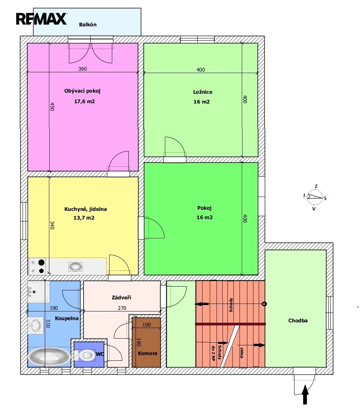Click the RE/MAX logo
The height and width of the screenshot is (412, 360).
[x=41, y=19]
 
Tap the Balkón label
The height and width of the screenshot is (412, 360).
[x=88, y=24]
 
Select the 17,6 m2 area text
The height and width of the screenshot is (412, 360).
[x=84, y=101]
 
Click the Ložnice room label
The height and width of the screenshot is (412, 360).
[x=203, y=92]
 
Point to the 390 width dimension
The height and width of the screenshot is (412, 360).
[x=82, y=69]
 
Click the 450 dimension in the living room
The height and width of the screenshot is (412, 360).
[x=52, y=107]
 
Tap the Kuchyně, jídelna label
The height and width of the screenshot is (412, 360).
[x=85, y=209]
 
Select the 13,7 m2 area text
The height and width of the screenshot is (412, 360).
[x=84, y=218]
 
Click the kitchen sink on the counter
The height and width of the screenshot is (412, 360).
[x=75, y=266]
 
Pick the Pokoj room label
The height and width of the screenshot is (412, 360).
[x=204, y=208]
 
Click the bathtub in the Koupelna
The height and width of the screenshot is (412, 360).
[x=49, y=356]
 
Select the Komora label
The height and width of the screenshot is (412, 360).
[x=147, y=353]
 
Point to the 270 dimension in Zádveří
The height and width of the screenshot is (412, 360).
[x=122, y=308]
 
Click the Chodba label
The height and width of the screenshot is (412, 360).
[x=298, y=320]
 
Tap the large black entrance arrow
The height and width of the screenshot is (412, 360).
[x=305, y=394]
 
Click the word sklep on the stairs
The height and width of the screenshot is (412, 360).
[x=241, y=353]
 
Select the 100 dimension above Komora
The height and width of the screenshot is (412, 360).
[x=146, y=325]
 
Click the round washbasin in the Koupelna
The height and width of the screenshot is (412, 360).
[x=35, y=325]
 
